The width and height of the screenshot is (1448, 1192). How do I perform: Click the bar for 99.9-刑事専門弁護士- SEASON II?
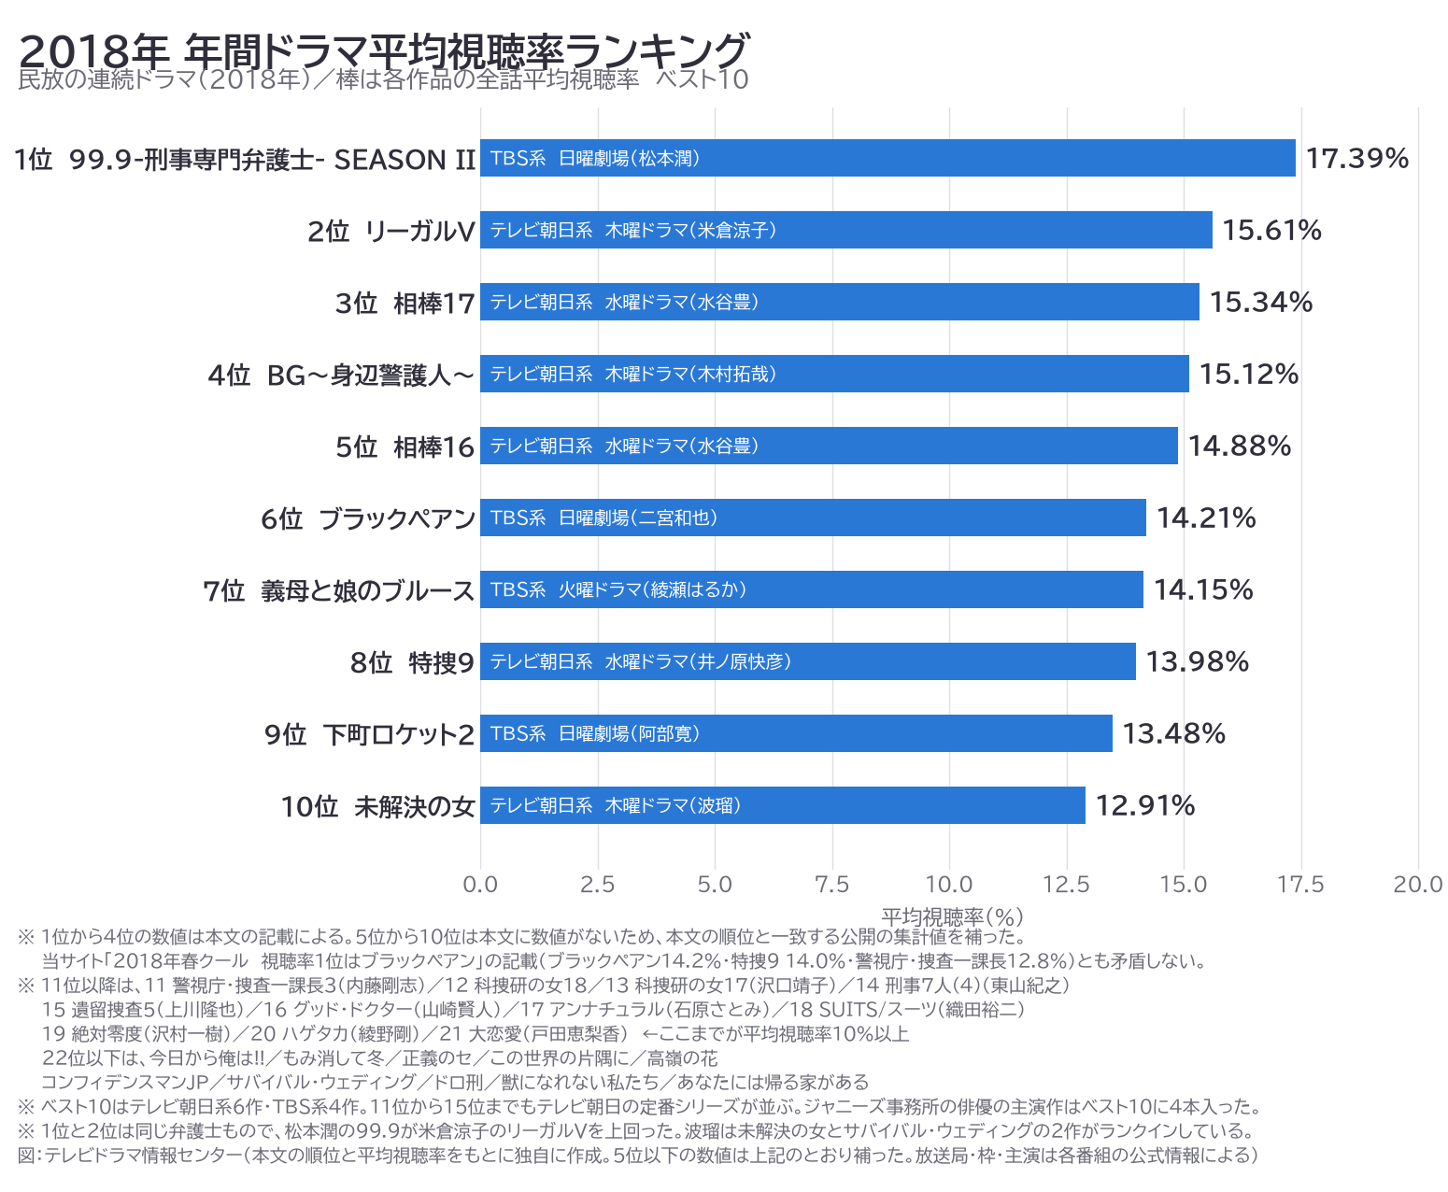(x=887, y=158)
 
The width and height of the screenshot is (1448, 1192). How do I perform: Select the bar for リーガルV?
(x=845, y=230)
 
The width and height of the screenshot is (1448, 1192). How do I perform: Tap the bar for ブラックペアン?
(x=813, y=518)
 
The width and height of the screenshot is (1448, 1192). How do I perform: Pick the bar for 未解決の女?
(x=783, y=805)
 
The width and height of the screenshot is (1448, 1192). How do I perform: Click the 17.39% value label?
(x=1356, y=159)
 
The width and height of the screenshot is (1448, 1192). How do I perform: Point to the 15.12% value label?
(x=1248, y=375)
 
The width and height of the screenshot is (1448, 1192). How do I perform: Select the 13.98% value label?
(x=1197, y=662)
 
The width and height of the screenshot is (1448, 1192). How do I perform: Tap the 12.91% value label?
(x=1144, y=805)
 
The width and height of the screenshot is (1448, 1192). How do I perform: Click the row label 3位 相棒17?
(x=405, y=303)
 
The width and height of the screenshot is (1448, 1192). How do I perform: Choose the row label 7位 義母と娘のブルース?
(x=338, y=590)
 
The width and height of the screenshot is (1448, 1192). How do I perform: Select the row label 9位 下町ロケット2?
(x=369, y=734)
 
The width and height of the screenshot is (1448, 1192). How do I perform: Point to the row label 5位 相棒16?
(x=405, y=447)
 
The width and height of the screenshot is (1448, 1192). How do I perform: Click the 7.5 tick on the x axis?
(x=831, y=885)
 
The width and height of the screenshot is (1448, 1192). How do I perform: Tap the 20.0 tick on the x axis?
(x=1417, y=885)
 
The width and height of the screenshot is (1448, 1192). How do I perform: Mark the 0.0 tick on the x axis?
(x=480, y=885)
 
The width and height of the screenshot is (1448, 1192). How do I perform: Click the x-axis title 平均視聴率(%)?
(x=952, y=916)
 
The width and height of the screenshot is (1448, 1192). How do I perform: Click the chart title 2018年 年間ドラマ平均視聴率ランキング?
(x=384, y=50)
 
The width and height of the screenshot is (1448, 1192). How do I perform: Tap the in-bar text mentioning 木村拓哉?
(x=632, y=375)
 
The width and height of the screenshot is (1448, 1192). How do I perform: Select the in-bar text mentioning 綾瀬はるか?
(x=618, y=589)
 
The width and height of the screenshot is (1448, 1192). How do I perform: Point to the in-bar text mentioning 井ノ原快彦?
(x=640, y=662)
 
